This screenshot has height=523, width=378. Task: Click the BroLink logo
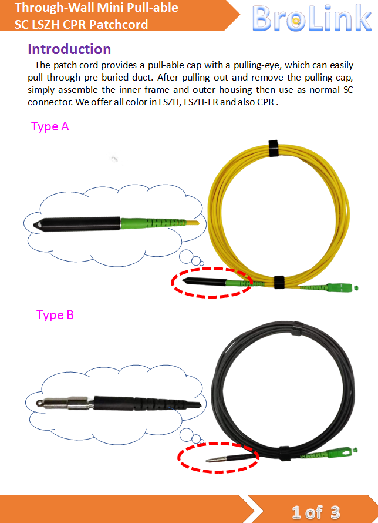(x=312, y=18)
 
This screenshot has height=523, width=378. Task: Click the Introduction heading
(x=69, y=49)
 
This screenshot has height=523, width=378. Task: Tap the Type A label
(x=50, y=126)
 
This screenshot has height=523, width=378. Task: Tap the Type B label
(x=55, y=315)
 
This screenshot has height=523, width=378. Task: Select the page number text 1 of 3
(x=316, y=512)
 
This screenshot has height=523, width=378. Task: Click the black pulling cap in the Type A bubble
(x=77, y=223)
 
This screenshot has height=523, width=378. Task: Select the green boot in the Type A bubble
(x=153, y=223)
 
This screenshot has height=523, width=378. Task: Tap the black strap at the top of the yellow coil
(x=274, y=148)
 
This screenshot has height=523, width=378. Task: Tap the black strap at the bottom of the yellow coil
(x=279, y=282)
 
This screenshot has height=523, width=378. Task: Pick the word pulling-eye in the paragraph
(x=256, y=65)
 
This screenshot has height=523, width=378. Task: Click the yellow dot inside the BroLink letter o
(x=295, y=21)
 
